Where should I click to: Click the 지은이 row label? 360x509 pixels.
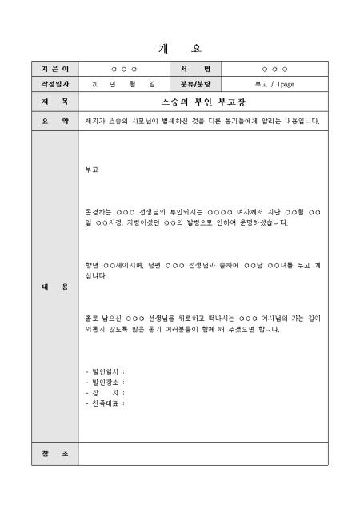pyautogui.click(x=54, y=70)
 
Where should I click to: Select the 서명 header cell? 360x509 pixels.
pyautogui.click(x=194, y=70)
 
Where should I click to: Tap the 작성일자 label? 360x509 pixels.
pyautogui.click(x=54, y=83)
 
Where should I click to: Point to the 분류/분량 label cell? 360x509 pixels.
pyautogui.click(x=194, y=83)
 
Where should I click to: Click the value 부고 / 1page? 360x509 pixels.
pyautogui.click(x=274, y=83)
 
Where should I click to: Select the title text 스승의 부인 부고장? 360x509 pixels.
pyautogui.click(x=203, y=102)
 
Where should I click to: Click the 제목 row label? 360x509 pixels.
pyautogui.click(x=54, y=102)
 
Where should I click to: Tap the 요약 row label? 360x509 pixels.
pyautogui.click(x=54, y=121)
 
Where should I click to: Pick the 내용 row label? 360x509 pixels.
pyautogui.click(x=54, y=286)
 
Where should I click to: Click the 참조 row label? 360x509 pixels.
pyautogui.click(x=54, y=454)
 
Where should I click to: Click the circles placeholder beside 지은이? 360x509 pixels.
pyautogui.click(x=123, y=70)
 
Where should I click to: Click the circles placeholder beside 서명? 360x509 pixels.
pyautogui.click(x=274, y=70)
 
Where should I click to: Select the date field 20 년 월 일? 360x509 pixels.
pyautogui.click(x=123, y=83)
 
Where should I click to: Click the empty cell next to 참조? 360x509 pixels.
pyautogui.click(x=203, y=454)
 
